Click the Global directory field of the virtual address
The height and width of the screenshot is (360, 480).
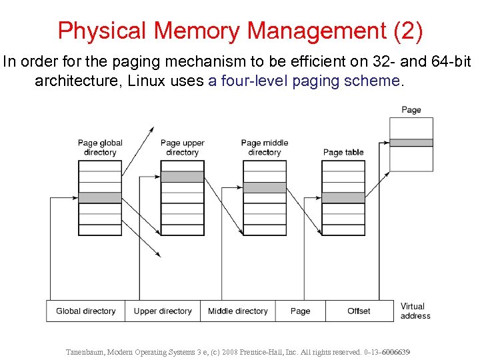[85, 311]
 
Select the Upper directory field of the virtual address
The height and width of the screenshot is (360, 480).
[163, 311]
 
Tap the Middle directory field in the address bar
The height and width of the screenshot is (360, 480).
[237, 311]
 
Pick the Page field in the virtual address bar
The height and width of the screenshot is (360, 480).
[300, 311]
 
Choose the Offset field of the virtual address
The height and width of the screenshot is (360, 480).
[359, 311]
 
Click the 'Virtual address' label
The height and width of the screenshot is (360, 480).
[415, 311]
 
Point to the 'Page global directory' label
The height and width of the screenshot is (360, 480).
[100, 147]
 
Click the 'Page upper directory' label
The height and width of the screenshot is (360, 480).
[182, 147]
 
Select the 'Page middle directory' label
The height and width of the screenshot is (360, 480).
[264, 147]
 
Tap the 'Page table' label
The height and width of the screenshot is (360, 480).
[343, 152]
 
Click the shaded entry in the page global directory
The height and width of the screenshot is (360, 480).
[100, 197]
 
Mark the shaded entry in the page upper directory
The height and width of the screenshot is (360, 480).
[182, 177]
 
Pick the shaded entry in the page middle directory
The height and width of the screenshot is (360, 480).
[264, 187]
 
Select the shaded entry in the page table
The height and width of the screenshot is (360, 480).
[343, 197]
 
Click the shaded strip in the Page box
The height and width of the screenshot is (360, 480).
[411, 143]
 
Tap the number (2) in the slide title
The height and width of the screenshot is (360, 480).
[404, 31]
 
